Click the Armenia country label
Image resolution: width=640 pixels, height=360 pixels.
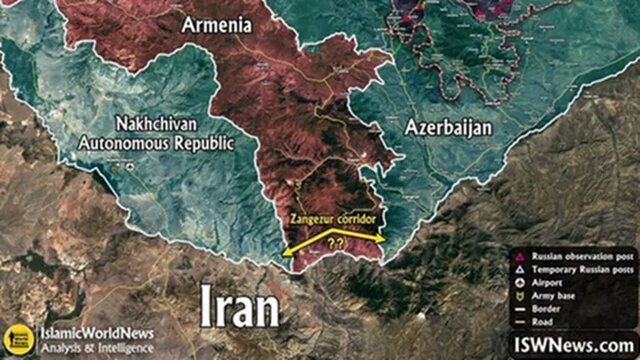tap(216, 26)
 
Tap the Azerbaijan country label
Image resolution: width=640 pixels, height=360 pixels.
tap(448, 127)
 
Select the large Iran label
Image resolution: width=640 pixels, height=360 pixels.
tap(239, 310)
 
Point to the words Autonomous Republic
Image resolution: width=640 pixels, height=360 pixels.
tap(156, 143)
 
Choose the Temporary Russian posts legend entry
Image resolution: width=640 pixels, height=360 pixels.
tap(580, 269)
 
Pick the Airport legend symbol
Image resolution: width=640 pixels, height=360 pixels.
tap(519, 282)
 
